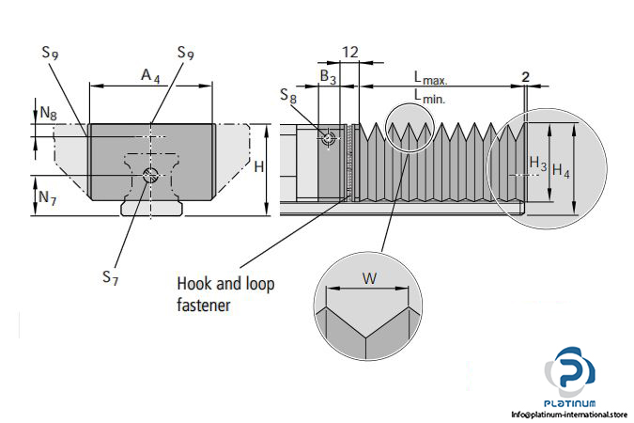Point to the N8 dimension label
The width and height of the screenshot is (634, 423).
pos(48,113)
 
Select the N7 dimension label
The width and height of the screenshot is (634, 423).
pos(48,197)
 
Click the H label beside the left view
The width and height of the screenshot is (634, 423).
pos(258,166)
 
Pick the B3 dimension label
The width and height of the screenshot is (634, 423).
pos(328,75)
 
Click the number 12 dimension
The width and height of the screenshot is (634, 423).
pos(349,53)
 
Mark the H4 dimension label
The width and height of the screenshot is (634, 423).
pos(561,170)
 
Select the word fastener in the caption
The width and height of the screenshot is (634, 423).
pos(205,305)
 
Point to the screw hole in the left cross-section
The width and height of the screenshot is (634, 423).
pos(149,175)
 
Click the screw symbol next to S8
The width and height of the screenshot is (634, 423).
pos(328,138)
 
